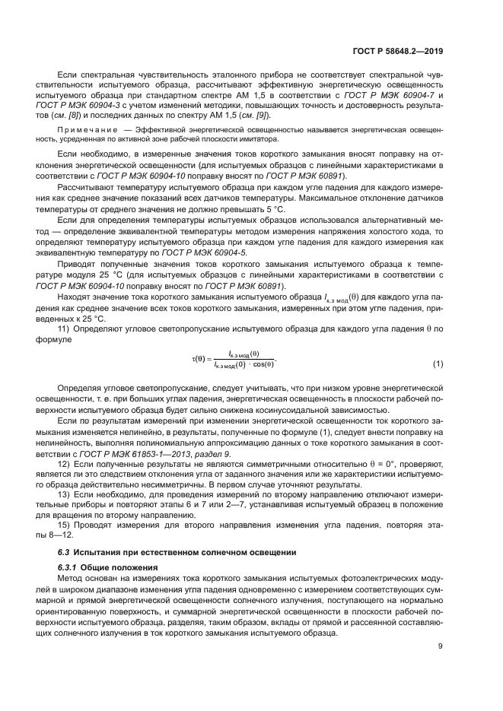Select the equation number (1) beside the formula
pos(438,363)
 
